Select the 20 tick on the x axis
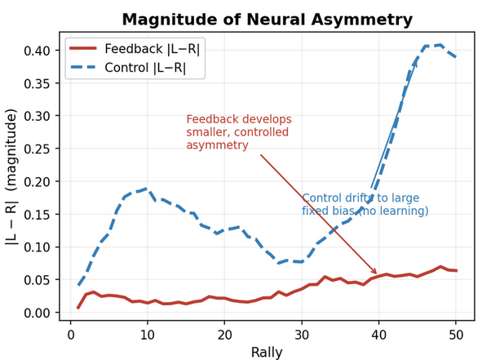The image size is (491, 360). tap(224, 335)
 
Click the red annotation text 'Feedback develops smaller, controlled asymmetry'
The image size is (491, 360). tap(238, 132)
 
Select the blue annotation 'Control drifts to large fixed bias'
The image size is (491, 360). tap(365, 205)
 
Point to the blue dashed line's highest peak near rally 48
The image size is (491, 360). tap(440, 45)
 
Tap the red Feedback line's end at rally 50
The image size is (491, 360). tap(456, 270)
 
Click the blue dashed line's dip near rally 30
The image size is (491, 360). tap(302, 261)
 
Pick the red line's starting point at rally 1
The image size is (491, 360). tap(78, 308)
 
